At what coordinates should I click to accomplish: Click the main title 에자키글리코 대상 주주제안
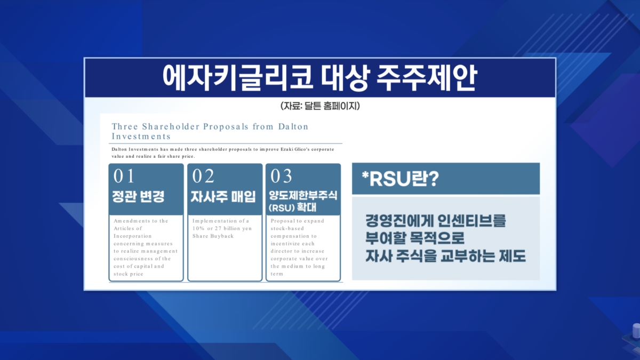(x=319, y=78)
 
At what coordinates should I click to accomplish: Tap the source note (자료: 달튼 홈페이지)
(x=320, y=106)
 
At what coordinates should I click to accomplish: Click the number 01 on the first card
(x=124, y=175)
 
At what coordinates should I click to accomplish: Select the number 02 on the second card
(x=203, y=175)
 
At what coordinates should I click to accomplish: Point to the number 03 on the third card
(x=281, y=175)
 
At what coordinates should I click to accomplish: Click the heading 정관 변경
(x=138, y=197)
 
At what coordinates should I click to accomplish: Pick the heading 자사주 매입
(x=223, y=197)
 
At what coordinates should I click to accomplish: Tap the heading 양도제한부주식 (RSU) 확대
(x=303, y=202)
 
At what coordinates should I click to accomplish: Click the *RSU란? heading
(x=400, y=179)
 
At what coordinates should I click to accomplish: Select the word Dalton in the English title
(x=293, y=126)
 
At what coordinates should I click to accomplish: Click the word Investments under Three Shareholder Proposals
(x=141, y=137)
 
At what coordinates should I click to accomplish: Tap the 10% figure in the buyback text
(x=198, y=229)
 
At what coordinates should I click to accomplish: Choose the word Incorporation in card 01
(x=133, y=236)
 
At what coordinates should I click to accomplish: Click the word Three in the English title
(x=125, y=126)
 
